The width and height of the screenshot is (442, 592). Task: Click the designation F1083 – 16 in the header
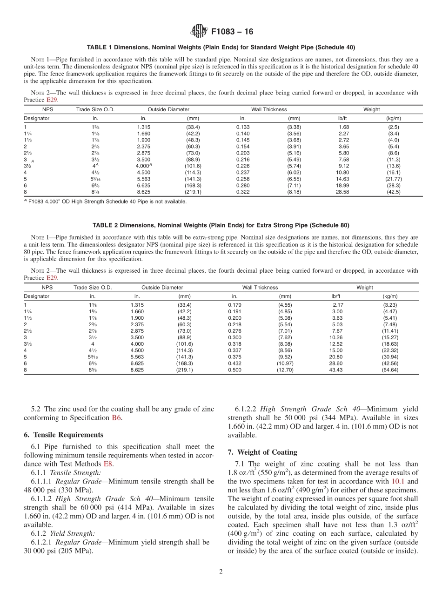[x=232, y=32]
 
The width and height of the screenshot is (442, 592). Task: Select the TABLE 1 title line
[x=221, y=47]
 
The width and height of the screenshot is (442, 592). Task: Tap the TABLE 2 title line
[x=221, y=225]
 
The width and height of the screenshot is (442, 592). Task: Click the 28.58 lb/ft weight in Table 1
[x=343, y=192]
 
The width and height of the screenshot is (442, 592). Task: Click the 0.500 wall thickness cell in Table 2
[x=234, y=370]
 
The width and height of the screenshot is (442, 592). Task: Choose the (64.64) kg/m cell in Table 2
[x=390, y=370]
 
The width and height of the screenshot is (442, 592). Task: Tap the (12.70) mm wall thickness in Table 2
[x=285, y=370]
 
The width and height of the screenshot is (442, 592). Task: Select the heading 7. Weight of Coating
[x=262, y=452]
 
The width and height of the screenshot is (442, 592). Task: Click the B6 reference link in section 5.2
[x=116, y=417]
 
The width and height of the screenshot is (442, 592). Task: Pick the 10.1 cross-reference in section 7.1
[x=399, y=481]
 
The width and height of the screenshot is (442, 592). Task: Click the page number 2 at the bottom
[x=221, y=572]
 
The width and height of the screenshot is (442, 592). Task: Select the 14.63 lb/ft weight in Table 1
[x=343, y=179]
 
